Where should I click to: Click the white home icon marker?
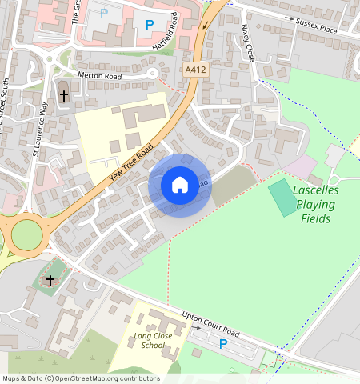click(x=180, y=185)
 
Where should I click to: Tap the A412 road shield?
click(x=195, y=70)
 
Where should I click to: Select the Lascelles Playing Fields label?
click(x=315, y=204)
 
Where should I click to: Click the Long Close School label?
click(x=156, y=340)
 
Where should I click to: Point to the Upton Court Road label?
click(x=211, y=323)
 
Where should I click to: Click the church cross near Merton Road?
click(x=64, y=95)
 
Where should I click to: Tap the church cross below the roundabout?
click(x=50, y=280)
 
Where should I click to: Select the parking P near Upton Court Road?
click(x=223, y=344)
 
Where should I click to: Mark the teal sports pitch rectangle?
click(x=282, y=198)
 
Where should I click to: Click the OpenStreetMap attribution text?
click(x=81, y=378)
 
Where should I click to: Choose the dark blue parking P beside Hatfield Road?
click(x=149, y=25)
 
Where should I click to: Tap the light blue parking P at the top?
click(x=104, y=13)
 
